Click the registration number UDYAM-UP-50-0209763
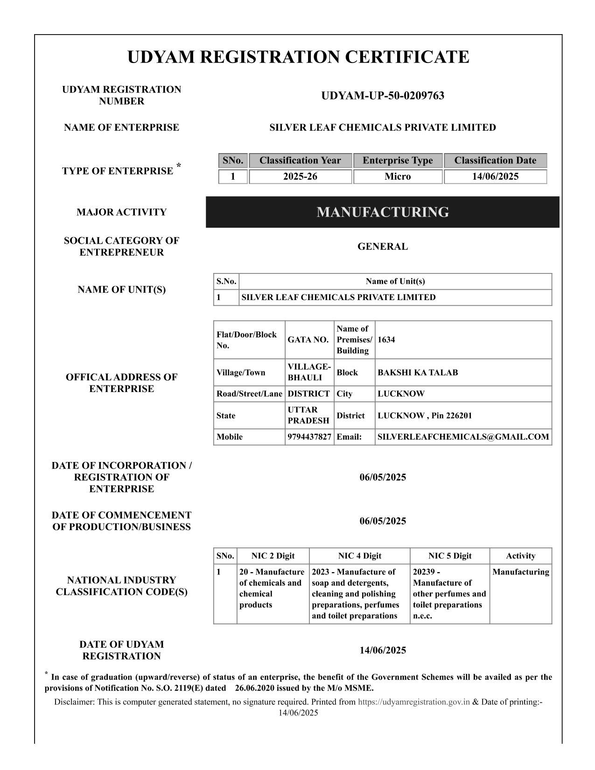[383, 96]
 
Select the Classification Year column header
[300, 161]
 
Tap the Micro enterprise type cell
[398, 176]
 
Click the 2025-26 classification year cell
[300, 176]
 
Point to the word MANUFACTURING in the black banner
[383, 212]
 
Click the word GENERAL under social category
[383, 246]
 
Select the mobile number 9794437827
[309, 437]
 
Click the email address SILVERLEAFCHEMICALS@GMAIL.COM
[463, 437]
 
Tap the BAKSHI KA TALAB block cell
[418, 372]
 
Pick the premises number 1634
[386, 340]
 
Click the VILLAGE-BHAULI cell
[309, 372]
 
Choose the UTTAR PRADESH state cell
[308, 415]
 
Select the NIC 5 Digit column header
[450, 556]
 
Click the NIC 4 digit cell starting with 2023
[358, 594]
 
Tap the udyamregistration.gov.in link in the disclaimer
[413, 701]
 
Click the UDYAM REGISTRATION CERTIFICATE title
[298, 57]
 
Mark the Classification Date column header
[495, 161]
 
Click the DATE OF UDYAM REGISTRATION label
[121, 650]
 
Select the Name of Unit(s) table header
[395, 281]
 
